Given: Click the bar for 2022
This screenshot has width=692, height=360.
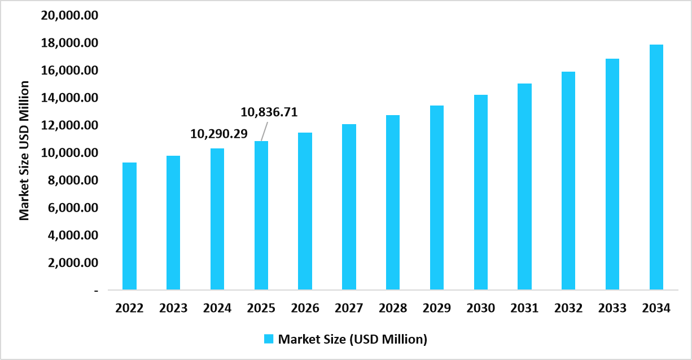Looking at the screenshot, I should coord(129,226).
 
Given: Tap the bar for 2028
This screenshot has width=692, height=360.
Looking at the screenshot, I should coord(393,203).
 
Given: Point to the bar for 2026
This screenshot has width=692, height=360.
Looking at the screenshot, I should coord(305,211).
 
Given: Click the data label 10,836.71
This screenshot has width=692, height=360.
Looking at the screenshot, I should coord(269,112).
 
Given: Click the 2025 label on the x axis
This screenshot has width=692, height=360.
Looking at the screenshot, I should coord(261,309).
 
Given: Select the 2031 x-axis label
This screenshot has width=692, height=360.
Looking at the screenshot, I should coord(524,309).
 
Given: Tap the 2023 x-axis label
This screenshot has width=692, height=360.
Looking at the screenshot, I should coord(173,309).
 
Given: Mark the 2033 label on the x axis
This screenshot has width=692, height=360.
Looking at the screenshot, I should coord(612,309).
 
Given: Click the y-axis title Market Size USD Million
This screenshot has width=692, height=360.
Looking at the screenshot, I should coord(24,150).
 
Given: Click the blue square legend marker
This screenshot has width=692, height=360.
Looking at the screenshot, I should coord(269,339).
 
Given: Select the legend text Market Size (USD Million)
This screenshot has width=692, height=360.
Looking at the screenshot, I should coord(353,339).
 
